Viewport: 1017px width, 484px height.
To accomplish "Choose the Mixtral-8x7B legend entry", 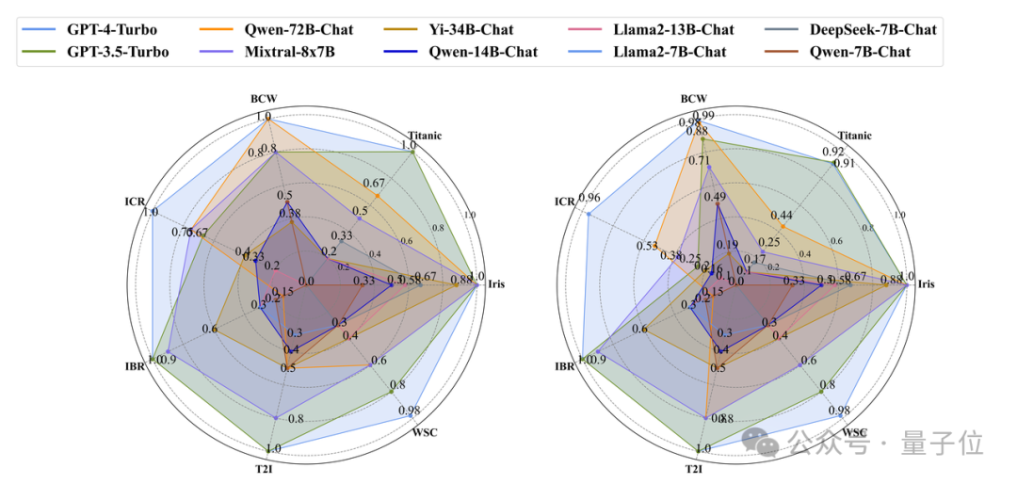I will (287, 52).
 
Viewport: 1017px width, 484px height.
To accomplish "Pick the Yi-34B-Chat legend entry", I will (471, 29).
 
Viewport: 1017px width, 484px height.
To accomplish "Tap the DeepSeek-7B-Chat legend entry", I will (872, 29).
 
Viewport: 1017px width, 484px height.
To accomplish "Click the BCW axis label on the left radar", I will (264, 98).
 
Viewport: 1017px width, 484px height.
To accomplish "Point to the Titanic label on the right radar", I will (854, 136).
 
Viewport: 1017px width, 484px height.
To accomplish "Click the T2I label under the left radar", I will (265, 469).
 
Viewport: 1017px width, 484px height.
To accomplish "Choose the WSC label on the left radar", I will (425, 432).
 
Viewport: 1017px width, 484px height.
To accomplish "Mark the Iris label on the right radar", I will (927, 283).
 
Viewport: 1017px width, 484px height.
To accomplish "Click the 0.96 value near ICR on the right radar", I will (589, 198).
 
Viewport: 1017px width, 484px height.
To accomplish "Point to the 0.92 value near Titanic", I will (832, 151).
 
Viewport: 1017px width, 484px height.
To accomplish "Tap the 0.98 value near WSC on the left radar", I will (408, 411).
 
